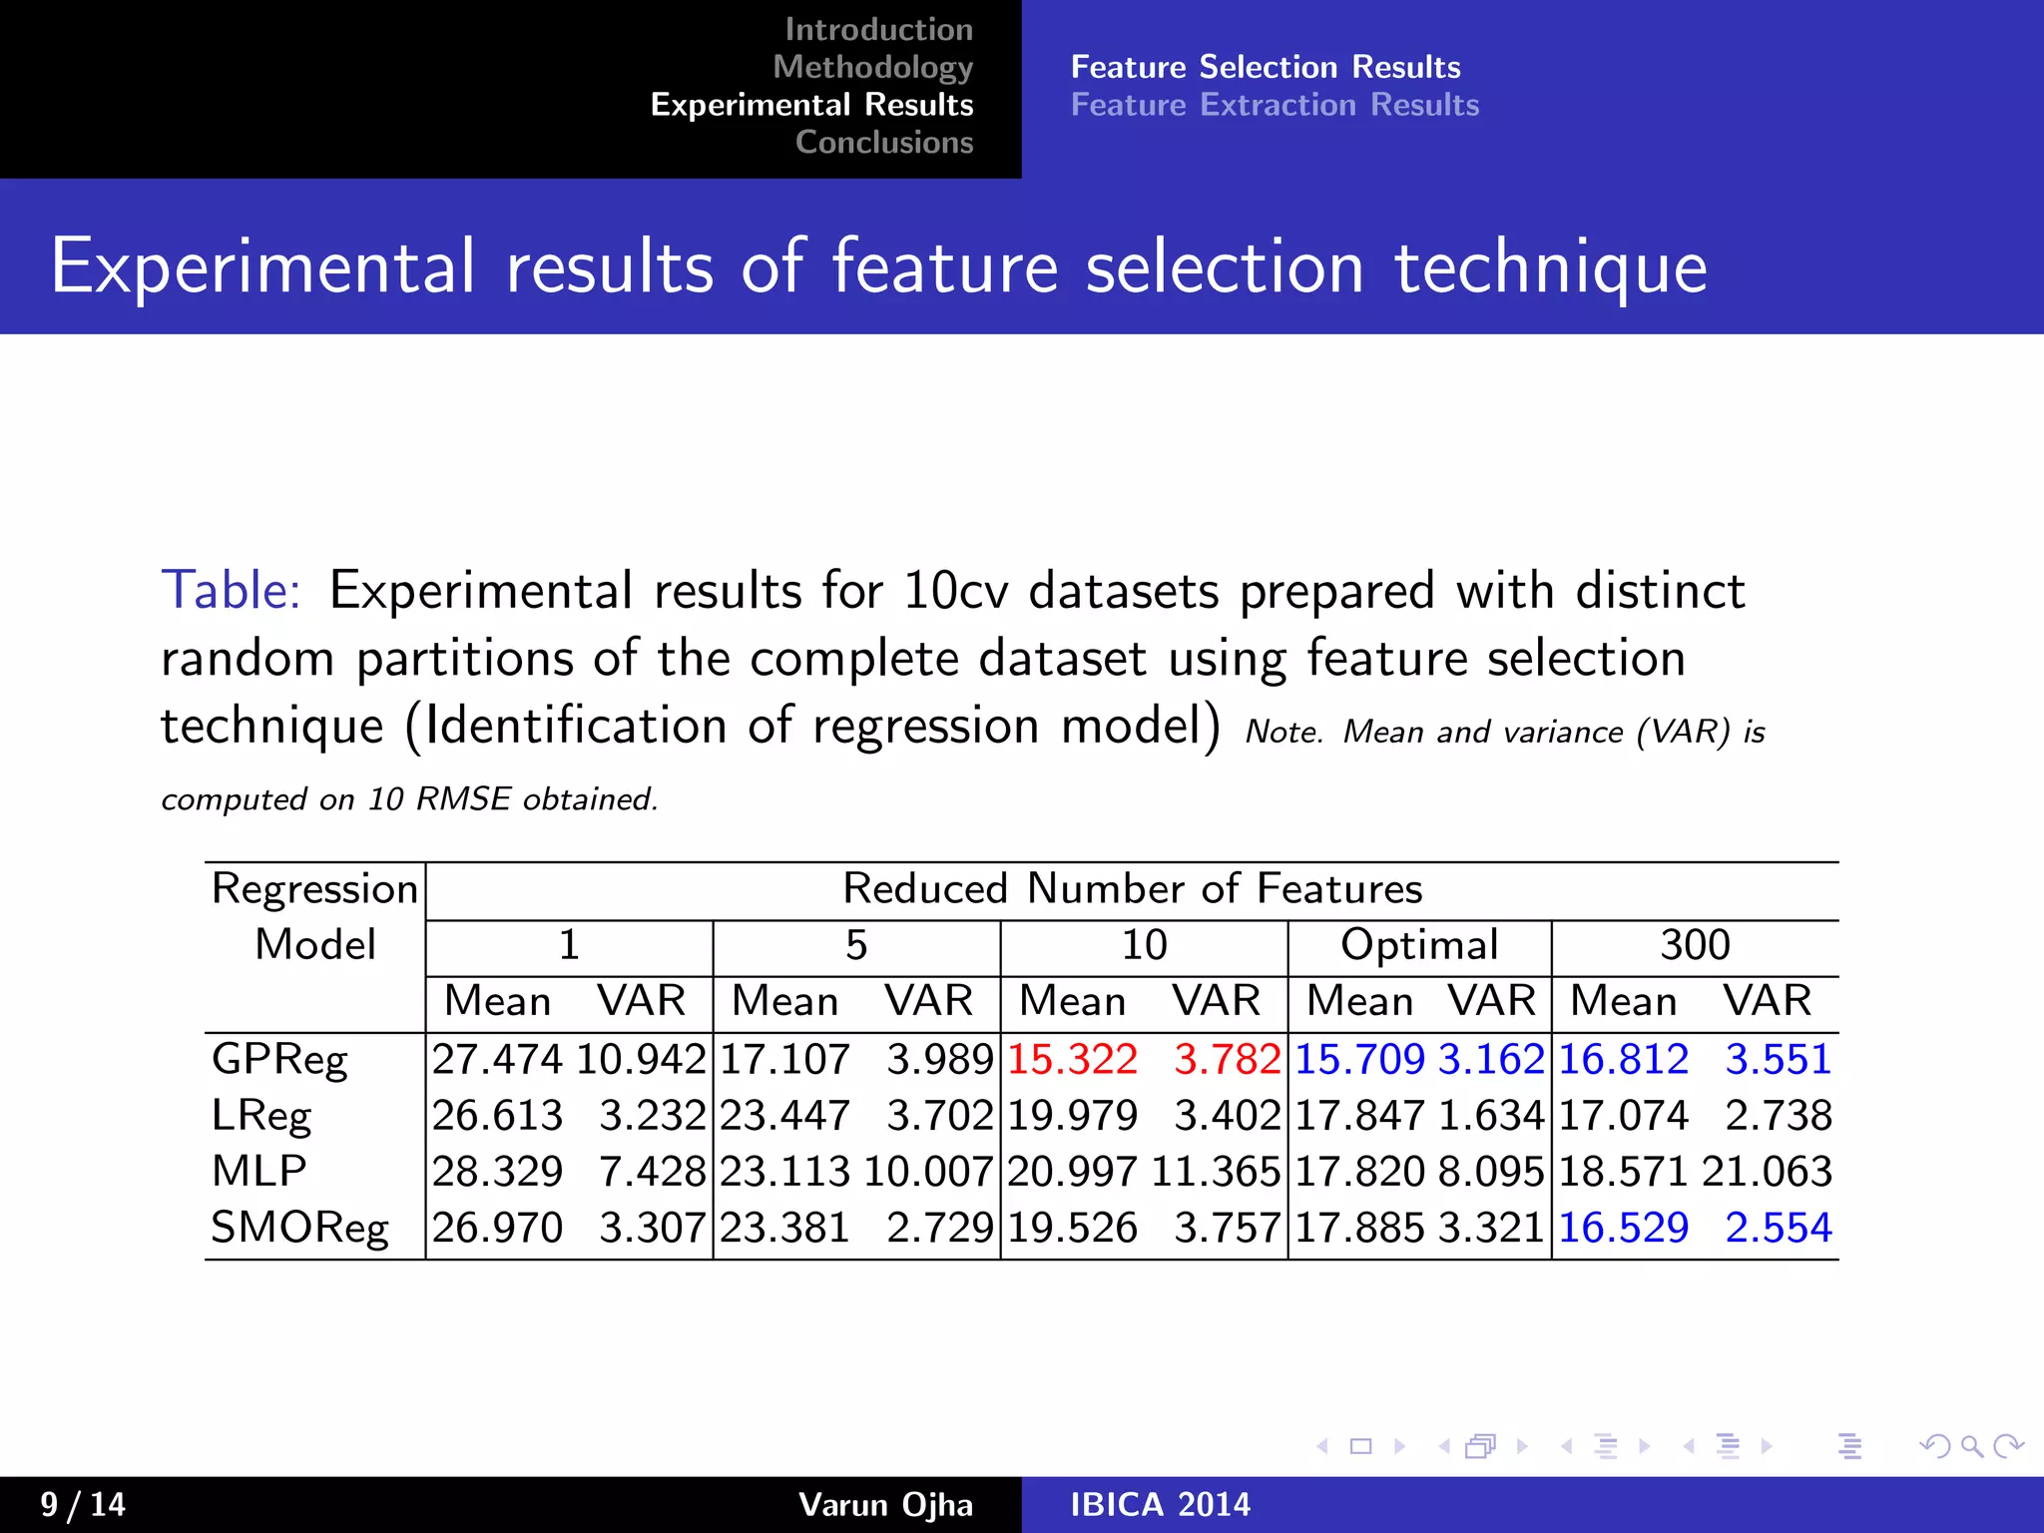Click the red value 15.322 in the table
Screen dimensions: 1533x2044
pyautogui.click(x=1072, y=1059)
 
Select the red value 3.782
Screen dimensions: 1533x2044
pyautogui.click(x=1227, y=1059)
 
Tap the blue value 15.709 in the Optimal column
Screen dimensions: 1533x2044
pyautogui.click(x=1359, y=1059)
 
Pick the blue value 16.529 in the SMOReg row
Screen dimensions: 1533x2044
pyautogui.click(x=1624, y=1228)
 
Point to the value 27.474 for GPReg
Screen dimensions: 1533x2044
pyautogui.click(x=497, y=1059)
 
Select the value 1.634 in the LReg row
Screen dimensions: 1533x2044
pyautogui.click(x=1491, y=1116)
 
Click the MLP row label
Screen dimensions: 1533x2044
pyautogui.click(x=258, y=1172)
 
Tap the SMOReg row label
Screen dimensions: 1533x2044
pyautogui.click(x=299, y=1228)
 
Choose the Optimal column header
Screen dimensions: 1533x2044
pyautogui.click(x=1419, y=945)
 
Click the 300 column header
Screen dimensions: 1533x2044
pyautogui.click(x=1695, y=945)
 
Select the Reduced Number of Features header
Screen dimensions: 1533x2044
pyautogui.click(x=1132, y=889)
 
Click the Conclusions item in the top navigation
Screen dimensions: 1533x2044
pyautogui.click(x=884, y=143)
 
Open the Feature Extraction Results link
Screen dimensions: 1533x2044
pyautogui.click(x=1275, y=105)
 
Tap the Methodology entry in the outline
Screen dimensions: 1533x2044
pyautogui.click(x=872, y=67)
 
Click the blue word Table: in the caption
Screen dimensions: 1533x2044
pyautogui.click(x=231, y=590)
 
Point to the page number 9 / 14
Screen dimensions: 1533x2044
pyautogui.click(x=83, y=1504)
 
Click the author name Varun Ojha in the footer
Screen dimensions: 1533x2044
pyautogui.click(x=885, y=1504)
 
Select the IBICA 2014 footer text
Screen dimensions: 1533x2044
pyautogui.click(x=1160, y=1504)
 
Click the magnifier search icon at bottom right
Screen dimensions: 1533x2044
pyautogui.click(x=1971, y=1446)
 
